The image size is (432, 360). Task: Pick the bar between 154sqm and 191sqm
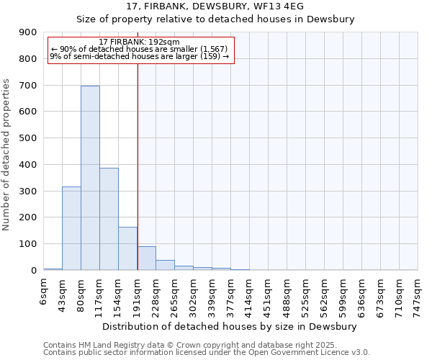(127, 248)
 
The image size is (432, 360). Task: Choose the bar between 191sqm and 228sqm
(146, 258)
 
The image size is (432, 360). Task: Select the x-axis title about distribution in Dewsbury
(229, 326)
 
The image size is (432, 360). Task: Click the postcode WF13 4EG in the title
(279, 6)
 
